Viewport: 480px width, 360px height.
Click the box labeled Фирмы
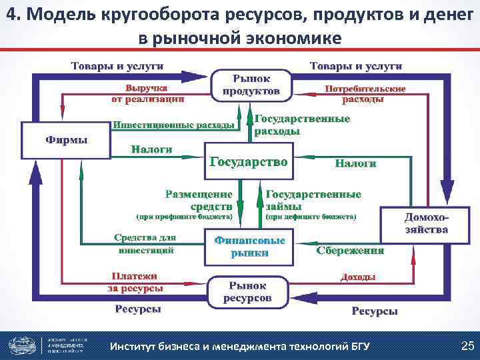click(x=66, y=139)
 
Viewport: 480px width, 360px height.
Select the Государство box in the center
click(x=248, y=161)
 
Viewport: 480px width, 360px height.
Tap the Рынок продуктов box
click(x=251, y=85)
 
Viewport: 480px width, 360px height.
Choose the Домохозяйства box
click(x=427, y=224)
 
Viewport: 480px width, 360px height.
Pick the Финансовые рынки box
click(x=250, y=246)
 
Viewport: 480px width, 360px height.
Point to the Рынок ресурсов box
click(x=247, y=291)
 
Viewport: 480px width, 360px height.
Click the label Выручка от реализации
click(x=147, y=93)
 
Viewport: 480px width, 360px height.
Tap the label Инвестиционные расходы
click(x=173, y=125)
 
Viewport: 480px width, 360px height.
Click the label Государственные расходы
click(x=302, y=125)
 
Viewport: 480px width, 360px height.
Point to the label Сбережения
click(x=350, y=251)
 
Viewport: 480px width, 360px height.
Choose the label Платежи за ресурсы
click(x=135, y=281)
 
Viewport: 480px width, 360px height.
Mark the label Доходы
click(x=357, y=277)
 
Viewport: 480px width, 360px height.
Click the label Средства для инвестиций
click(x=145, y=243)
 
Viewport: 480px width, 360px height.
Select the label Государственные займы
click(x=313, y=199)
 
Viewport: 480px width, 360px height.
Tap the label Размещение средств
click(x=199, y=199)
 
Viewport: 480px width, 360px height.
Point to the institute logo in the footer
click(x=23, y=345)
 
